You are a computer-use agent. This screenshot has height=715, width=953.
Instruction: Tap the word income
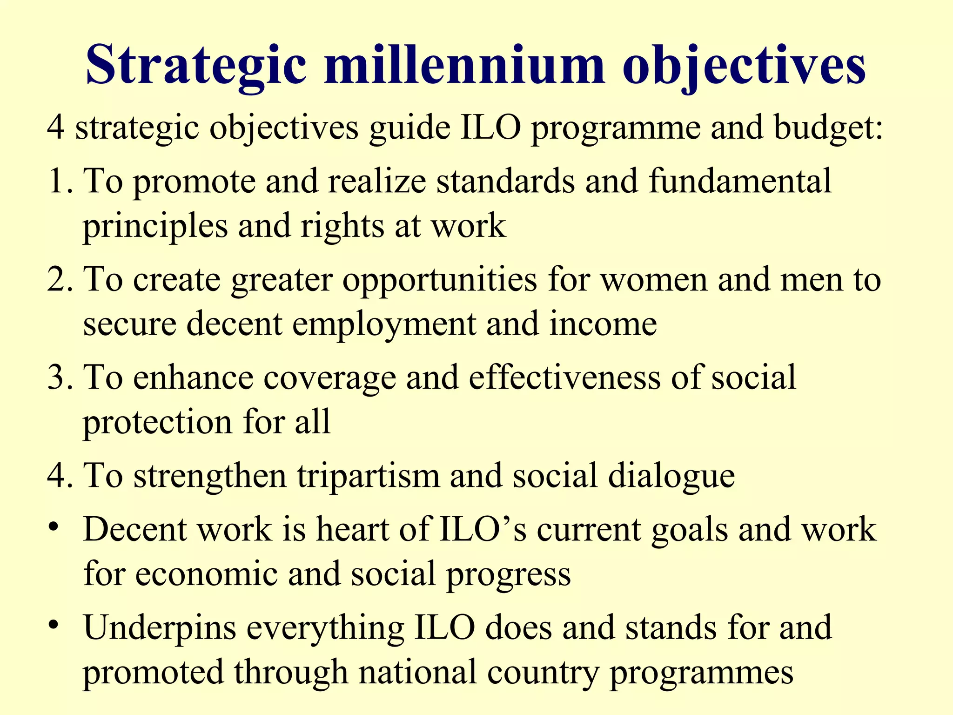603,324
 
